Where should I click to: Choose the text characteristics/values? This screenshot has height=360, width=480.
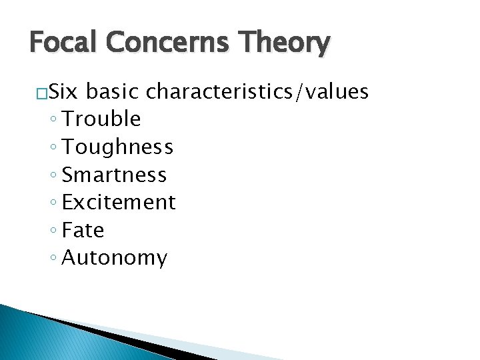(x=257, y=92)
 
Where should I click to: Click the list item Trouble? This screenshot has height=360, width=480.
(x=101, y=119)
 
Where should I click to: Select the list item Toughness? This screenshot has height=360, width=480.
(x=117, y=147)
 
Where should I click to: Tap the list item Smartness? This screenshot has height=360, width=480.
(x=114, y=175)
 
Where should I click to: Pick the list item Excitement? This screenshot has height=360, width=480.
(x=119, y=202)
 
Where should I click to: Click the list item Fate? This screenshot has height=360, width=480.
(x=83, y=230)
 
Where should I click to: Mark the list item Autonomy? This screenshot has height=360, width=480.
(x=114, y=258)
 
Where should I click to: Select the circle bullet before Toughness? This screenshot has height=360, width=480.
(x=53, y=148)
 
